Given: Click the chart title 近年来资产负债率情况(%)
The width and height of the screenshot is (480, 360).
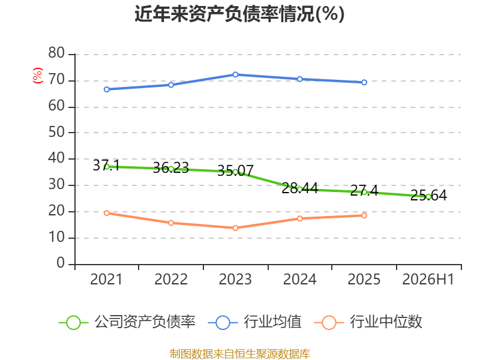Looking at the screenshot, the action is (239, 14).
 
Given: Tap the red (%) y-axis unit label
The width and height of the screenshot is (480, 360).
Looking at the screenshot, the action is (38, 76).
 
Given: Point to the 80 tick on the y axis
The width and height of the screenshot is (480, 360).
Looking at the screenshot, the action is (56, 53).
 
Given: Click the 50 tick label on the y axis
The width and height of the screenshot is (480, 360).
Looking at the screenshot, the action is (56, 132).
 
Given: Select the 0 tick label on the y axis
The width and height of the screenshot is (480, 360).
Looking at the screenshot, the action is (61, 263).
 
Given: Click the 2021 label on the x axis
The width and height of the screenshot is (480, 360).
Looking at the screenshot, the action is (106, 279).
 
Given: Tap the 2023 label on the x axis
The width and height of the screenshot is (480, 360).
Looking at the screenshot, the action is (235, 279).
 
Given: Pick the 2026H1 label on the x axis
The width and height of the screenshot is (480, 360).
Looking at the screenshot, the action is (428, 279).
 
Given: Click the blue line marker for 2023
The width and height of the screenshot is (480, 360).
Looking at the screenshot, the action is (235, 74).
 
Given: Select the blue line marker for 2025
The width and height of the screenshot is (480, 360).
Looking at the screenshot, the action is (364, 82).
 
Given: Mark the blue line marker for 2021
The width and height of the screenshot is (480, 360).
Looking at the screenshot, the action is (107, 89).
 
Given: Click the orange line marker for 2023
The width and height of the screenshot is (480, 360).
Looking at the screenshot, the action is (235, 228).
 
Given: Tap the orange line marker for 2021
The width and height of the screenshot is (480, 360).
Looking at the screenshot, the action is (107, 213).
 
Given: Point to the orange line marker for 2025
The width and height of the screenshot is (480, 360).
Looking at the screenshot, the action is (364, 215).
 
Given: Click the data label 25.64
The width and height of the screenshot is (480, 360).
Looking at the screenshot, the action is (428, 196).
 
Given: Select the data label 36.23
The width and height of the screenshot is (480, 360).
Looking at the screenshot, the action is (171, 168).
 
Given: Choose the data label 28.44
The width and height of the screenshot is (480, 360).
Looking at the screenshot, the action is (299, 188).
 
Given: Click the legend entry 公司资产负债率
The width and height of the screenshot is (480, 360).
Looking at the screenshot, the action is (127, 322).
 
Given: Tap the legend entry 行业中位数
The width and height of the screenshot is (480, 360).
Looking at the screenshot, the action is (368, 322).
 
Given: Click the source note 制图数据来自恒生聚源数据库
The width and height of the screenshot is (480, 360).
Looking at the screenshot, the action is (240, 354).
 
